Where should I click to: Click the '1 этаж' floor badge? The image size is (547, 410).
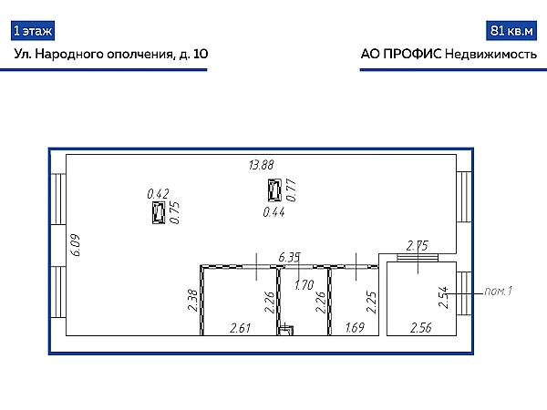[x=33, y=31]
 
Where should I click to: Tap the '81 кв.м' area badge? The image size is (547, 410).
[x=511, y=31]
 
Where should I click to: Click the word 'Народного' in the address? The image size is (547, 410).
[x=69, y=54]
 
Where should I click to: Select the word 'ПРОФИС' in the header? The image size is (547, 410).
[x=412, y=54]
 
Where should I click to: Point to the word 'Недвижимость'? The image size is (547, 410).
[x=491, y=55]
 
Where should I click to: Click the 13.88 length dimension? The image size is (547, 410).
[x=262, y=165]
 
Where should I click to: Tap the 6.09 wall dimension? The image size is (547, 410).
[x=77, y=245]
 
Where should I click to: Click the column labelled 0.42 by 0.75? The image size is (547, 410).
[x=159, y=213]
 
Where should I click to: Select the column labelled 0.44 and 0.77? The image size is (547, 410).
[x=274, y=190]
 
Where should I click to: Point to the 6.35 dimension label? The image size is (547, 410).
[x=289, y=257]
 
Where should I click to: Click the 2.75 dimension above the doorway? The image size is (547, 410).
[x=418, y=246]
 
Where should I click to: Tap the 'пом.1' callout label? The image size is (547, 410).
[x=498, y=291]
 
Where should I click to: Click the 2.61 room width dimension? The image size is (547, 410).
[x=241, y=328]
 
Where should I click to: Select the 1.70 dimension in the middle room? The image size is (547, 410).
[x=304, y=285]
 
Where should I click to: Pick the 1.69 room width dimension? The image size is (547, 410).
[x=355, y=328]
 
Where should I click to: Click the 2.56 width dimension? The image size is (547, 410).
[x=421, y=328]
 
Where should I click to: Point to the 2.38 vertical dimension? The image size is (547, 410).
[x=192, y=300]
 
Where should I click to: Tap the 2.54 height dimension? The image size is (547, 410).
[x=443, y=297]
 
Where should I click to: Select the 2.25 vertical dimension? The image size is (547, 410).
[x=371, y=302]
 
